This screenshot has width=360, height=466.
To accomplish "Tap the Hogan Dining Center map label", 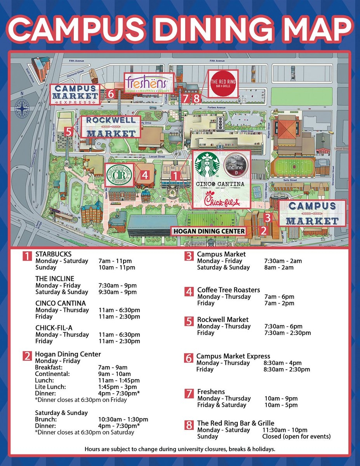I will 209,231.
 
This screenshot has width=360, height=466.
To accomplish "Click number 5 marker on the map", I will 69,132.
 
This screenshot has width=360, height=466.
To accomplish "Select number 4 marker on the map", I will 144,175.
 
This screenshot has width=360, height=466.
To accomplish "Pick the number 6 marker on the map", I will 110,94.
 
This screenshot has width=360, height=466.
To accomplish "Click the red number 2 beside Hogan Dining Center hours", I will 27,356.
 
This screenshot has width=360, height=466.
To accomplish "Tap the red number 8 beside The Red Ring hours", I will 189,425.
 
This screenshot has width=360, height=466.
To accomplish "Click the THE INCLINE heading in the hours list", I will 55,279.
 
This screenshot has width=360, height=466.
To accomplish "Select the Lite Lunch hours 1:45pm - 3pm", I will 118,387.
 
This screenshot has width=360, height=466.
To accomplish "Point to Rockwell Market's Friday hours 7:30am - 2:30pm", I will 287,333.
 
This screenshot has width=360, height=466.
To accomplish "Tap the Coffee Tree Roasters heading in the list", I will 229,290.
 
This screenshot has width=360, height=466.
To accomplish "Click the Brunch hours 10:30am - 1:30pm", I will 123,419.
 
